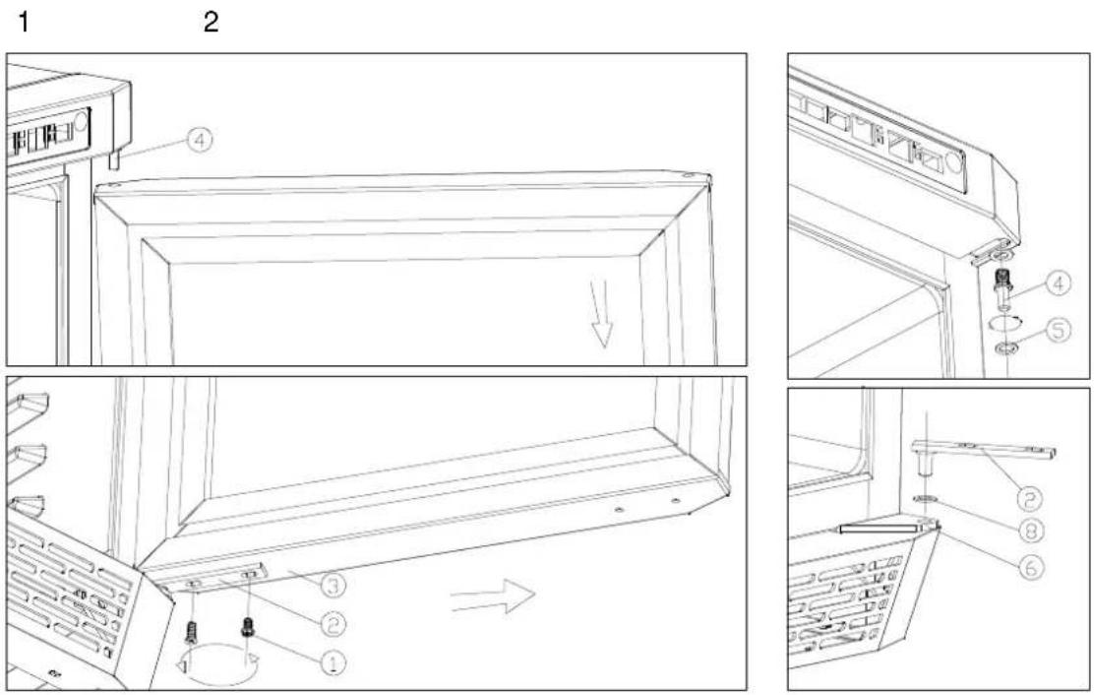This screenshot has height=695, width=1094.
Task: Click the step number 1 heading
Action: [24, 23]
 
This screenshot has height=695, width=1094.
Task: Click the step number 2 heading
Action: [211, 23]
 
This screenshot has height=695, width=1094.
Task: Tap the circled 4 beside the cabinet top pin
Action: [199, 140]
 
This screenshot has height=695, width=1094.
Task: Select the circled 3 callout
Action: [333, 585]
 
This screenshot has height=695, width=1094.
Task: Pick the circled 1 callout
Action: [333, 662]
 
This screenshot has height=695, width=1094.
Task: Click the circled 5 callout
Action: [1060, 330]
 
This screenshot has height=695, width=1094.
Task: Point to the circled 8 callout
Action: [1030, 531]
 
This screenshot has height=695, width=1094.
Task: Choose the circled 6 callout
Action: [1030, 567]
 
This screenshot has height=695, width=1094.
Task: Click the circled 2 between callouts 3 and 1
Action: [333, 623]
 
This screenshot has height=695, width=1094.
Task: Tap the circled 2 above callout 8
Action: [1030, 497]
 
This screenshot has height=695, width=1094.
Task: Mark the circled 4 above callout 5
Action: [1060, 284]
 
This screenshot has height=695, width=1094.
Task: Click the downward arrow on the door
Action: [602, 313]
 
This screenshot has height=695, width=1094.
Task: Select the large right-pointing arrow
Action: [493, 597]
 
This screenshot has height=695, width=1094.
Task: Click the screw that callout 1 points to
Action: [246, 626]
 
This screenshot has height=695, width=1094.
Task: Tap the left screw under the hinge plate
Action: [191, 632]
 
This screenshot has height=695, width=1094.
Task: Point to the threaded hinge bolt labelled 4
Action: [1002, 287]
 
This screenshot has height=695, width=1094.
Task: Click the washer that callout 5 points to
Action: [1004, 347]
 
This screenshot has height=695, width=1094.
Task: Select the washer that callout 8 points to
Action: [925, 499]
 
